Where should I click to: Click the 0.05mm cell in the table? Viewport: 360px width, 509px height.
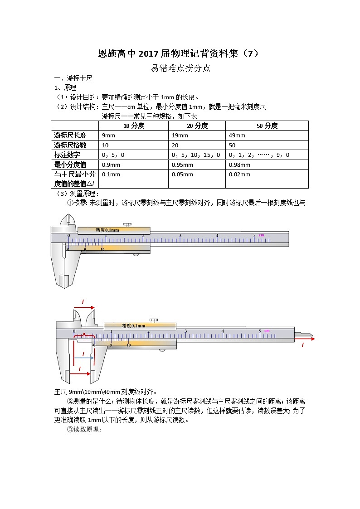183,175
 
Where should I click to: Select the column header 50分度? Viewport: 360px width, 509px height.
267,126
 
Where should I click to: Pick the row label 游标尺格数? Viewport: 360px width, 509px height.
70,145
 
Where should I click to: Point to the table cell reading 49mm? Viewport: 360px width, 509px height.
237,136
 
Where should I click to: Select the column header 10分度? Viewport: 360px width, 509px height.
133,126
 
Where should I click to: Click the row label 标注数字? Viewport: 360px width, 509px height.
67,155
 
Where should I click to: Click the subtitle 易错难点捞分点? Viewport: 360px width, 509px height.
180,69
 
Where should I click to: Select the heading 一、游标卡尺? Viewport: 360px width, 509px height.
73,78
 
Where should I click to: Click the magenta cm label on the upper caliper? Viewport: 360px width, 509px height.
261,235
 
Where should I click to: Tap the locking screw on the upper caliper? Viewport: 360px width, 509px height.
127,224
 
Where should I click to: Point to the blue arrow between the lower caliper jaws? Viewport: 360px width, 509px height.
84,358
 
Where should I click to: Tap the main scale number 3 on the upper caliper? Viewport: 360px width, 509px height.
180,236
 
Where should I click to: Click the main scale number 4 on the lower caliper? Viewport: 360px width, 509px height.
223,331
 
